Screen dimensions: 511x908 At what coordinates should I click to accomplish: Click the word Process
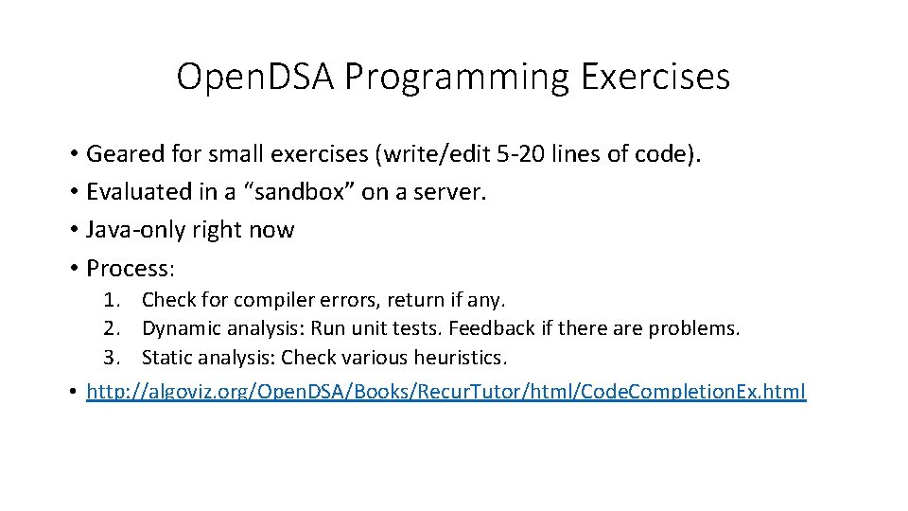click(x=129, y=268)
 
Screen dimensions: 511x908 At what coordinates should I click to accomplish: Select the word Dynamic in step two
click(x=177, y=329)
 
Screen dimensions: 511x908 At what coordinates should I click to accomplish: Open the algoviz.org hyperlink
click(x=445, y=391)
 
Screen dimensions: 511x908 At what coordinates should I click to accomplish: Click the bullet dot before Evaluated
click(x=73, y=192)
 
